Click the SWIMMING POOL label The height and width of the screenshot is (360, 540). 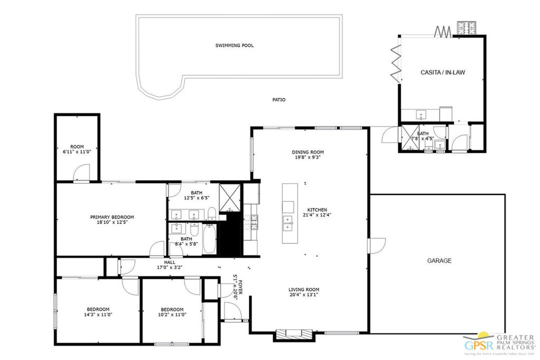(x=234, y=45)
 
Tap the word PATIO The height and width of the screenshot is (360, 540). (x=279, y=100)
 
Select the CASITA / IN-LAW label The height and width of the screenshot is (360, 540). (x=442, y=72)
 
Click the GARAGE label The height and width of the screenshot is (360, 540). (x=439, y=260)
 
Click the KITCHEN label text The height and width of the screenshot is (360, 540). (x=317, y=210)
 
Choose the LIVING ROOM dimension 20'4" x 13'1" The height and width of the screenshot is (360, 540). (x=303, y=295)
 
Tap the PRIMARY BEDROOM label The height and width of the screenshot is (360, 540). (x=112, y=217)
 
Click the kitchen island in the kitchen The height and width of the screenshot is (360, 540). (x=289, y=213)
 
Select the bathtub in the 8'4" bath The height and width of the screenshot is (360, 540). (x=209, y=240)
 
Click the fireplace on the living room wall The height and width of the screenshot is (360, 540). (x=294, y=333)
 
